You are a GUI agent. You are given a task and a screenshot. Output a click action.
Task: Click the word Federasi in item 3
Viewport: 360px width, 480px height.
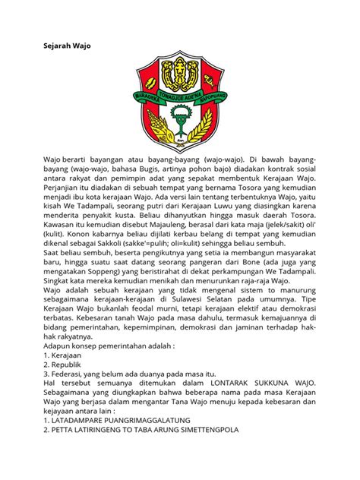click(x=71, y=375)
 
